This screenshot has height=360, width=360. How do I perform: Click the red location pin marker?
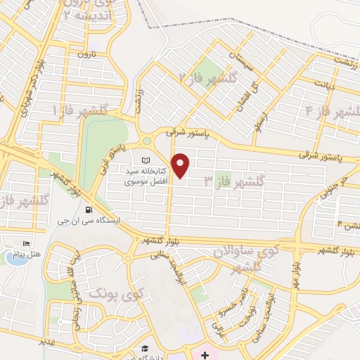(181, 166)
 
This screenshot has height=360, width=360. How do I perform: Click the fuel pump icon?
(88, 209)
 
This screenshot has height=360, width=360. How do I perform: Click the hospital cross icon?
(204, 353)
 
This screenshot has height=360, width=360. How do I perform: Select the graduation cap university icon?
(143, 349)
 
